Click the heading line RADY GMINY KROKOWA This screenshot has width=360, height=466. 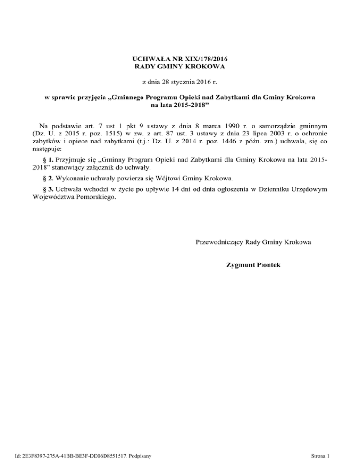point(180,68)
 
